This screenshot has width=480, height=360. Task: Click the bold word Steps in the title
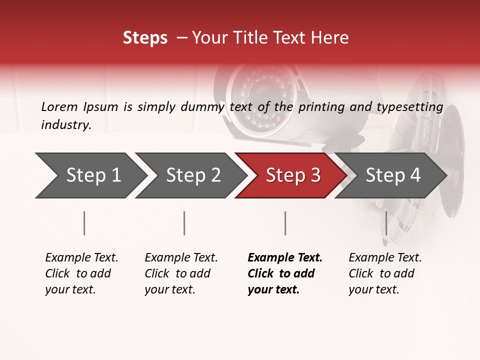(x=145, y=38)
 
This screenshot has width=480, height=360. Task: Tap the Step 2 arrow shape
(x=190, y=175)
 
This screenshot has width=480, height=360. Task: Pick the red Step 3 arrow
(x=290, y=175)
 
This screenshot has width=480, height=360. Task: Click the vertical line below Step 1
(x=84, y=223)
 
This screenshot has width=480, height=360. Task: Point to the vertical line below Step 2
(x=184, y=223)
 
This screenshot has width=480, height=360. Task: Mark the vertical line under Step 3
(x=285, y=223)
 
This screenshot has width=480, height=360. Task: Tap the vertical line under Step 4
(x=386, y=223)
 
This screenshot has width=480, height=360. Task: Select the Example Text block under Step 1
(x=81, y=273)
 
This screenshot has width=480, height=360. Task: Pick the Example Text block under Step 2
(x=181, y=273)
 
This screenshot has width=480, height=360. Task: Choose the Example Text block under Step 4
(x=385, y=273)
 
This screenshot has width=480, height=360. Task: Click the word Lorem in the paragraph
(x=59, y=106)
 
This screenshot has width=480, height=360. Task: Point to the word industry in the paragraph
(x=66, y=125)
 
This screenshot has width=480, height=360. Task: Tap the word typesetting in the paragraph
(x=409, y=106)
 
